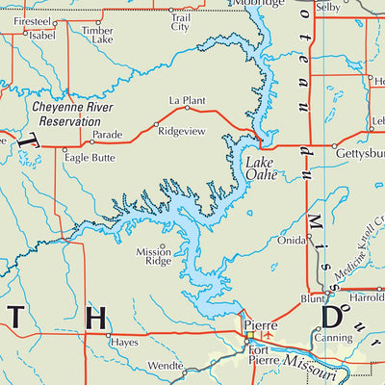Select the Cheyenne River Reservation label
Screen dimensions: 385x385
click(66, 111)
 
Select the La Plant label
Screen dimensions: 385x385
click(188, 99)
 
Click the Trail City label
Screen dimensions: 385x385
click(180, 21)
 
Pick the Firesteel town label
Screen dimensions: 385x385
click(34, 20)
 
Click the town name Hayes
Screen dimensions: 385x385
click(124, 342)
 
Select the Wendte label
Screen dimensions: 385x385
click(166, 367)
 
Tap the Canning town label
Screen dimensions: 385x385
click(333, 339)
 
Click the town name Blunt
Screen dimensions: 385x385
click(312, 299)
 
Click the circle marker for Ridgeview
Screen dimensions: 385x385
click(156, 124)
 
